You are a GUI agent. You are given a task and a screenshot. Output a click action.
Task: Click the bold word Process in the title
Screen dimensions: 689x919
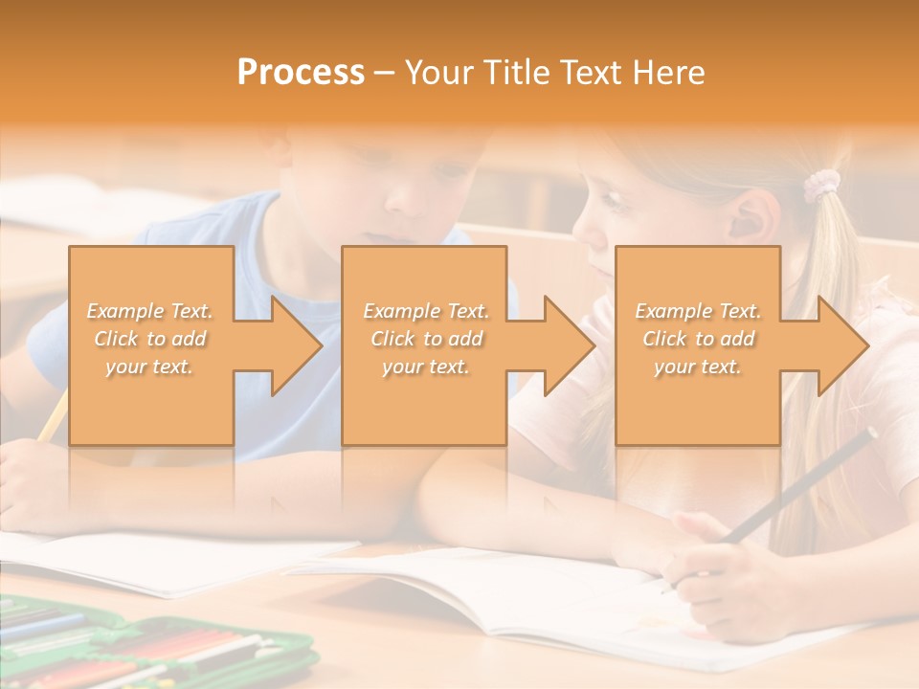301,73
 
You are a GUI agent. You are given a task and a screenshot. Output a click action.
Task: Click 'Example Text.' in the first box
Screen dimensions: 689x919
150,311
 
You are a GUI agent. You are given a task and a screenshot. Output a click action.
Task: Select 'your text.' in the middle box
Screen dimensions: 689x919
426,367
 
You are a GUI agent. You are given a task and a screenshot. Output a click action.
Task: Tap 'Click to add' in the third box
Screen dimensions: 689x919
699,339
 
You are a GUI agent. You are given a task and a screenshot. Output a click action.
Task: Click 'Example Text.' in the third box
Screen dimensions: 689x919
699,311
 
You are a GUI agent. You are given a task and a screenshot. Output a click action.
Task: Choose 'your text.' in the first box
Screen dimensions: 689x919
150,367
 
